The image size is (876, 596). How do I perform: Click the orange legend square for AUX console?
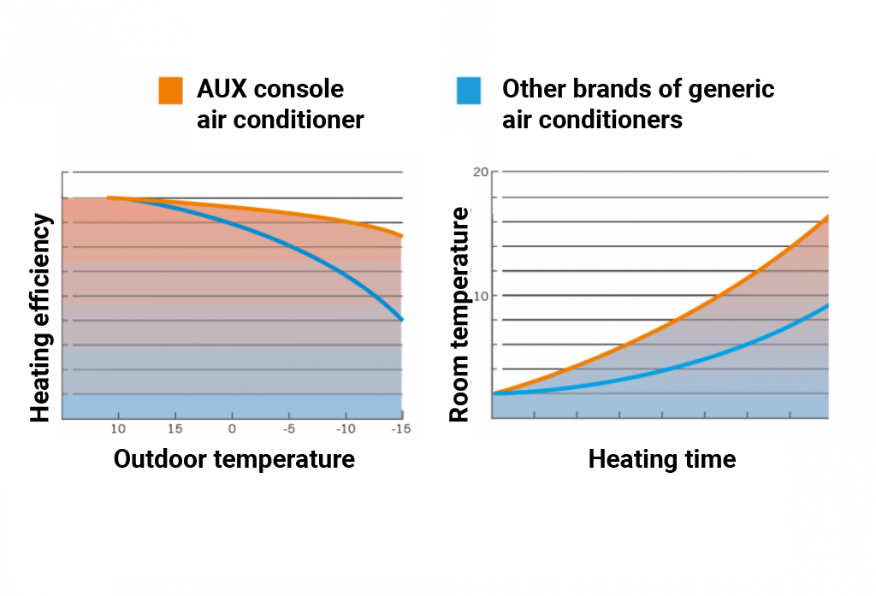pyautogui.click(x=170, y=90)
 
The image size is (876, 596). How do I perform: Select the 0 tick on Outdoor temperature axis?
pyautogui.click(x=231, y=428)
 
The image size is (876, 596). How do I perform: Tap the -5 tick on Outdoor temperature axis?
pyautogui.click(x=289, y=428)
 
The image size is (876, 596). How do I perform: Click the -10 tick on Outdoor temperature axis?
pyautogui.click(x=346, y=428)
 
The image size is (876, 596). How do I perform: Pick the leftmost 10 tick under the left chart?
pyautogui.click(x=117, y=428)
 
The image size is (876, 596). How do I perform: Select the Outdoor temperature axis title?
pyautogui.click(x=234, y=459)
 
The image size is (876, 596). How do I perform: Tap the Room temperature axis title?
pyautogui.click(x=460, y=314)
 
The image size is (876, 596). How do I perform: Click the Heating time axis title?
pyautogui.click(x=661, y=459)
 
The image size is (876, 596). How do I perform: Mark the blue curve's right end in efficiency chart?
pyautogui.click(x=401, y=319)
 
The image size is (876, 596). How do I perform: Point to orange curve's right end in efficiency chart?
pyautogui.click(x=401, y=235)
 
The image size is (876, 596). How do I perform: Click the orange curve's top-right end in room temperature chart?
pyautogui.click(x=828, y=215)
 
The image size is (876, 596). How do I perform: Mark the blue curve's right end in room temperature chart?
pyautogui.click(x=828, y=304)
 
